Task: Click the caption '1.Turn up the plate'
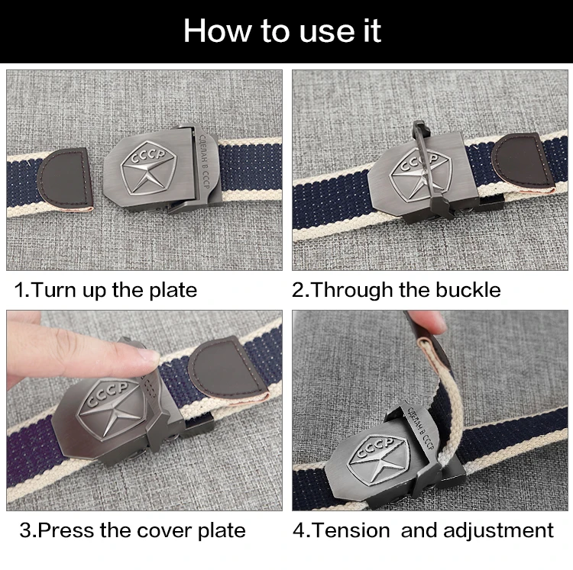[105, 291]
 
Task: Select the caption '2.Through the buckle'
[396, 291]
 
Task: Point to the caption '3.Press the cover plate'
[133, 530]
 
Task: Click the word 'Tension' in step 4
[351, 530]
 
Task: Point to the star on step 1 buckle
[145, 175]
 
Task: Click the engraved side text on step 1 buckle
[204, 161]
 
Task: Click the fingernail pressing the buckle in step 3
[149, 358]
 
